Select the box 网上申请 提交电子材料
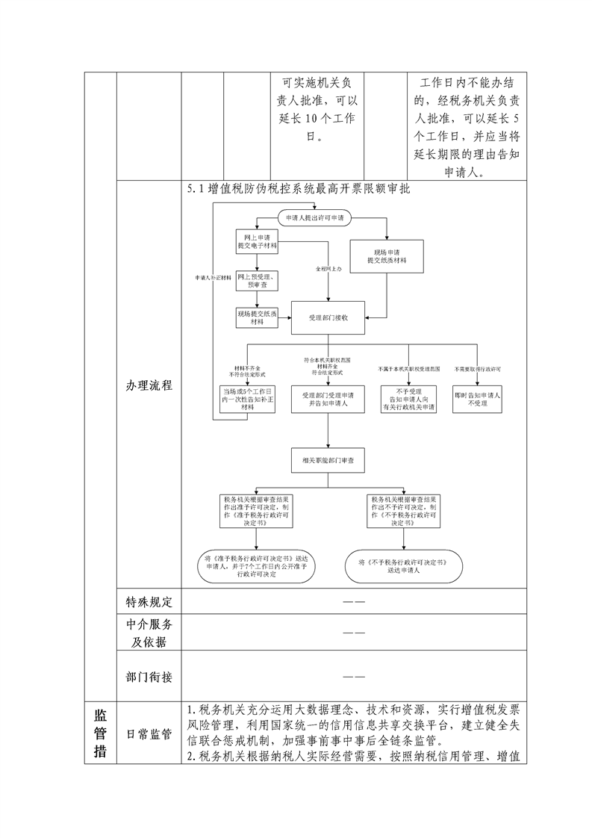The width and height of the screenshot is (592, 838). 256,240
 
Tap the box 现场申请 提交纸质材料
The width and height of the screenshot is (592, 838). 387,255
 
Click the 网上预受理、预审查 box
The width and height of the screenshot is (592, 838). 256,281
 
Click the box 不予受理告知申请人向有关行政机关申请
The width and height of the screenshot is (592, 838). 408,399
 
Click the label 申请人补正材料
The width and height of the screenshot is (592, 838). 213,277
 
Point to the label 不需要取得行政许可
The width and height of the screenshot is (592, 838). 477,369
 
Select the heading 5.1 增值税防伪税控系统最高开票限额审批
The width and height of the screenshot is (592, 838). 299,190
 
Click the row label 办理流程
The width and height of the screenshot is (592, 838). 149,385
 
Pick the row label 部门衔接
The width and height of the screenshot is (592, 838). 149,677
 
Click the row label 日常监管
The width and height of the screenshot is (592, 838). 149,734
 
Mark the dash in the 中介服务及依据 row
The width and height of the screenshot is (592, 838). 354,633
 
